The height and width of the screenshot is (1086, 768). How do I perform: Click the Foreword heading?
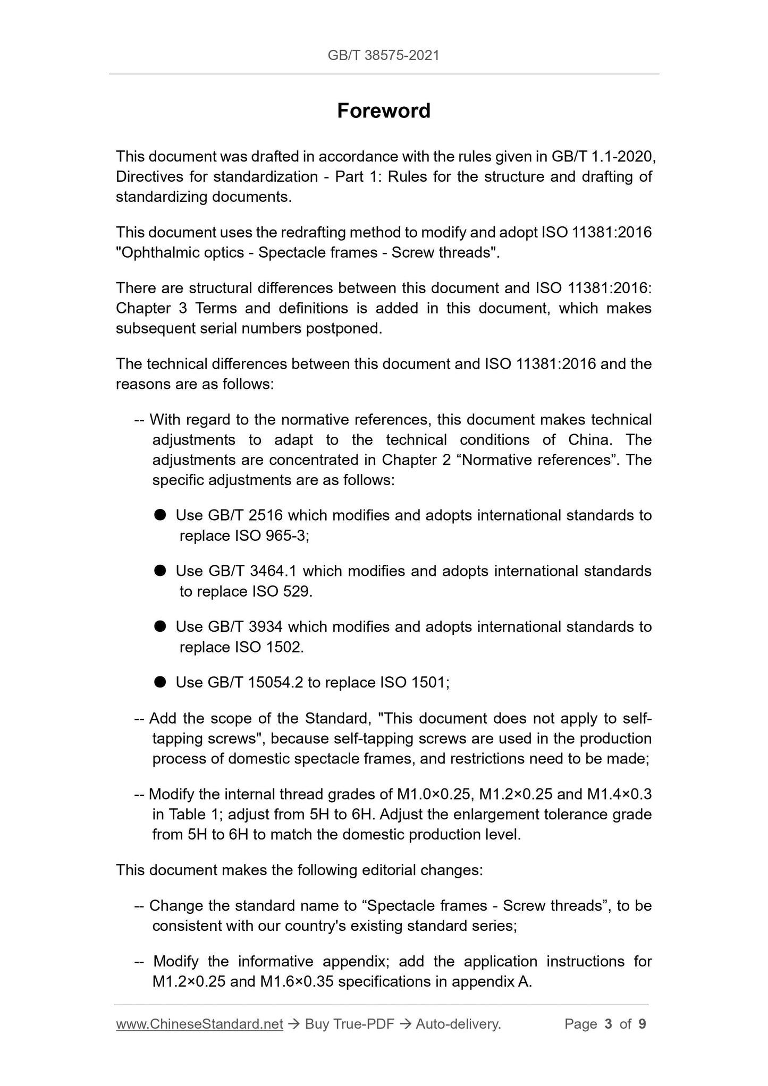click(x=384, y=111)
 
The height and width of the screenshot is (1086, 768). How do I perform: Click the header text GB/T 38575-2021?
click(x=384, y=55)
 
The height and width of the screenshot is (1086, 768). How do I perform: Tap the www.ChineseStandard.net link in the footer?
click(x=199, y=1024)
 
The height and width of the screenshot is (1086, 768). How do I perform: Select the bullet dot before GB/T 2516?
click(x=161, y=514)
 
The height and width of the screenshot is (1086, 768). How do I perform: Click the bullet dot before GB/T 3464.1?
click(x=161, y=570)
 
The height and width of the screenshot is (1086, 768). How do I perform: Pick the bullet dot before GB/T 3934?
click(x=161, y=626)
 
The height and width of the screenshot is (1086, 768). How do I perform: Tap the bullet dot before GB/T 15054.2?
click(x=161, y=682)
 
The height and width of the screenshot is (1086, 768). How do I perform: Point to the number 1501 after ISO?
click(x=430, y=682)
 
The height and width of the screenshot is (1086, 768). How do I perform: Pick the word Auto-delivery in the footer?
click(x=458, y=1024)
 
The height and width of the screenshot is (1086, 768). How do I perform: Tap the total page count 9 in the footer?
click(x=643, y=1024)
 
